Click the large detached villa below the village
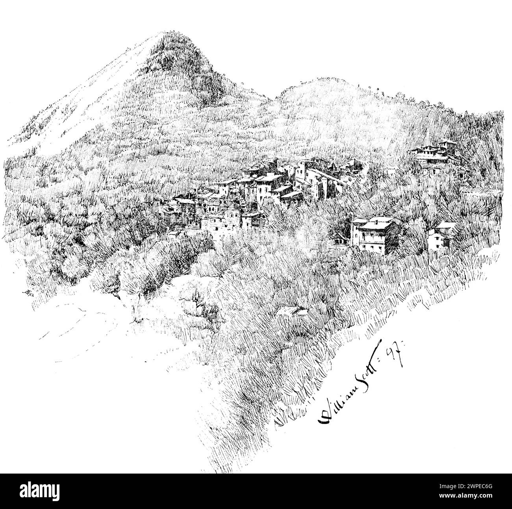coord(374,235)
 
